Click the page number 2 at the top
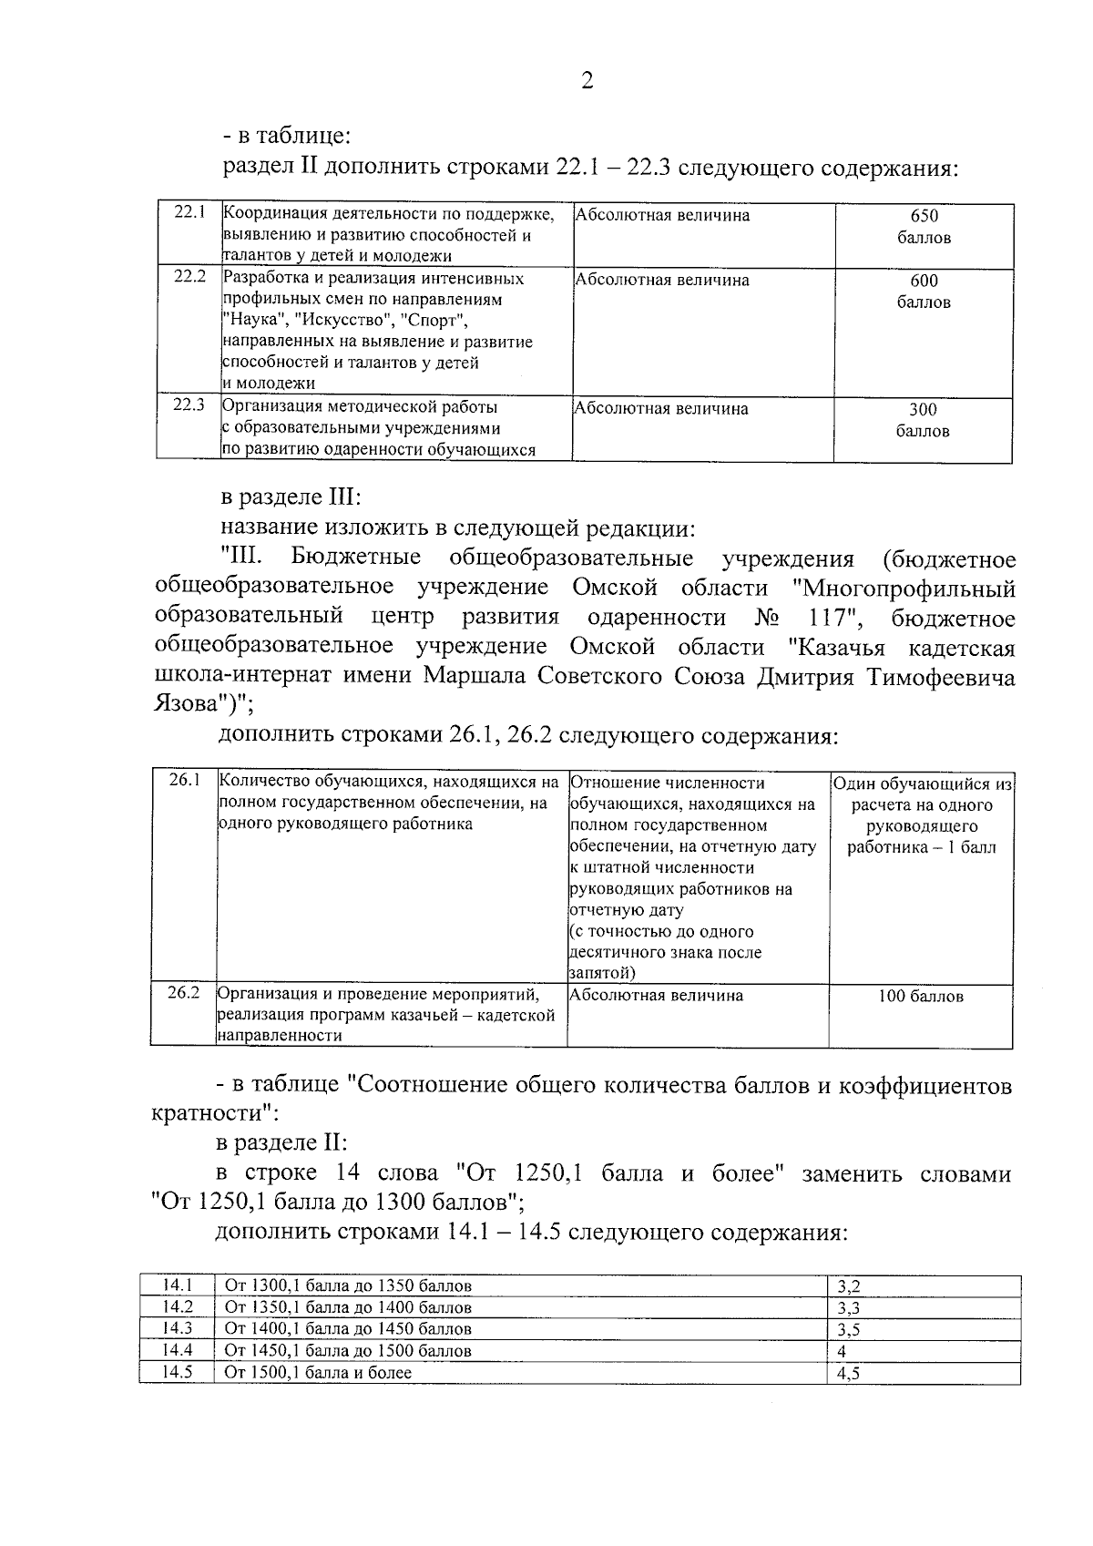[587, 82]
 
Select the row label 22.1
[189, 212]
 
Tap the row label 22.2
[189, 276]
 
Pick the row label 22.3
[189, 404]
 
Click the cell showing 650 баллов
[924, 227]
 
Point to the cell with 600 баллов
[924, 292]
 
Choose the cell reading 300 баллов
[924, 420]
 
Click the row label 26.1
[183, 781]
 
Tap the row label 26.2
[183, 992]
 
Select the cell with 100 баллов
[920, 996]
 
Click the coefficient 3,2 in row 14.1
[849, 1287]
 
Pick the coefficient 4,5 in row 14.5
[848, 1374]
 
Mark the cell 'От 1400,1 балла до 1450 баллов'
[348, 1329]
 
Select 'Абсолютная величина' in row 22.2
[662, 280]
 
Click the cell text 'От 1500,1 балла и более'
[318, 1372]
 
